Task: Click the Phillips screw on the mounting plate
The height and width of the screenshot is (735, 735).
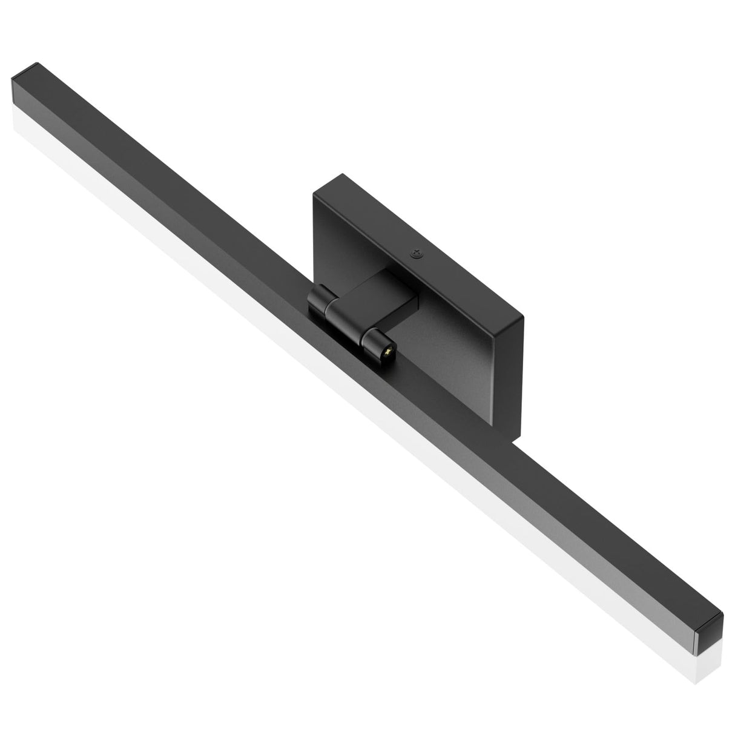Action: (x=415, y=255)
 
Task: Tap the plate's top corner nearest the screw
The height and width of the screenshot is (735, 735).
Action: (x=522, y=317)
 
